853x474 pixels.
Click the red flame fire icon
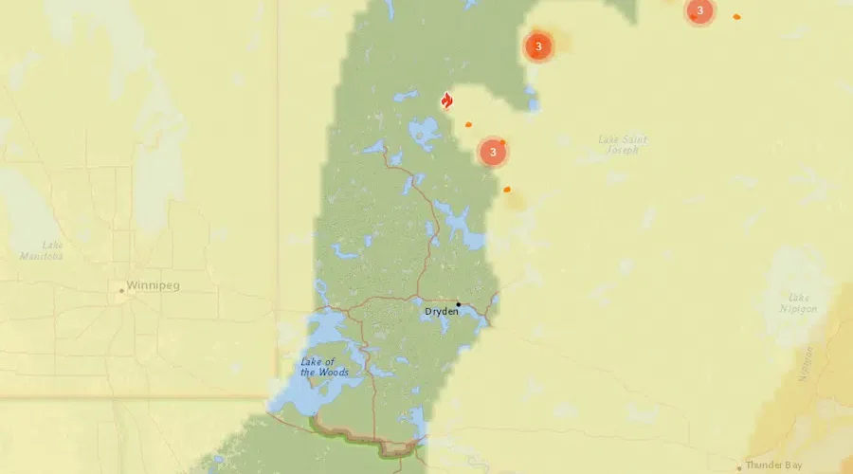[447, 100]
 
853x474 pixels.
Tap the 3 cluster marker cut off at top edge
[699, 11]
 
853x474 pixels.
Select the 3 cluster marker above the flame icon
[538, 46]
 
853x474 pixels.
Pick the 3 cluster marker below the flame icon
[493, 152]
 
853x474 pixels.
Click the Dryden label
[442, 311]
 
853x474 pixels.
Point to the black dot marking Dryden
[458, 304]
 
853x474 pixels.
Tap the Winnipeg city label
[154, 284]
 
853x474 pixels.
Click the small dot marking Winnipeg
[121, 291]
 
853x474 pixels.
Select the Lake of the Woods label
[324, 366]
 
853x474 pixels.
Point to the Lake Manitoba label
[42, 250]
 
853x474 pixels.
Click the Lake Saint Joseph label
[623, 144]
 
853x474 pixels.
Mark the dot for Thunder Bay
[739, 467]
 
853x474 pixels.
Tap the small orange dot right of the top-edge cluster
[736, 16]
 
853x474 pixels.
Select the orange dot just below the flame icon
[468, 123]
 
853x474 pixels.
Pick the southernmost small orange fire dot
[507, 190]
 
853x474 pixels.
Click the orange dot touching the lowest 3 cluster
[503, 142]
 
